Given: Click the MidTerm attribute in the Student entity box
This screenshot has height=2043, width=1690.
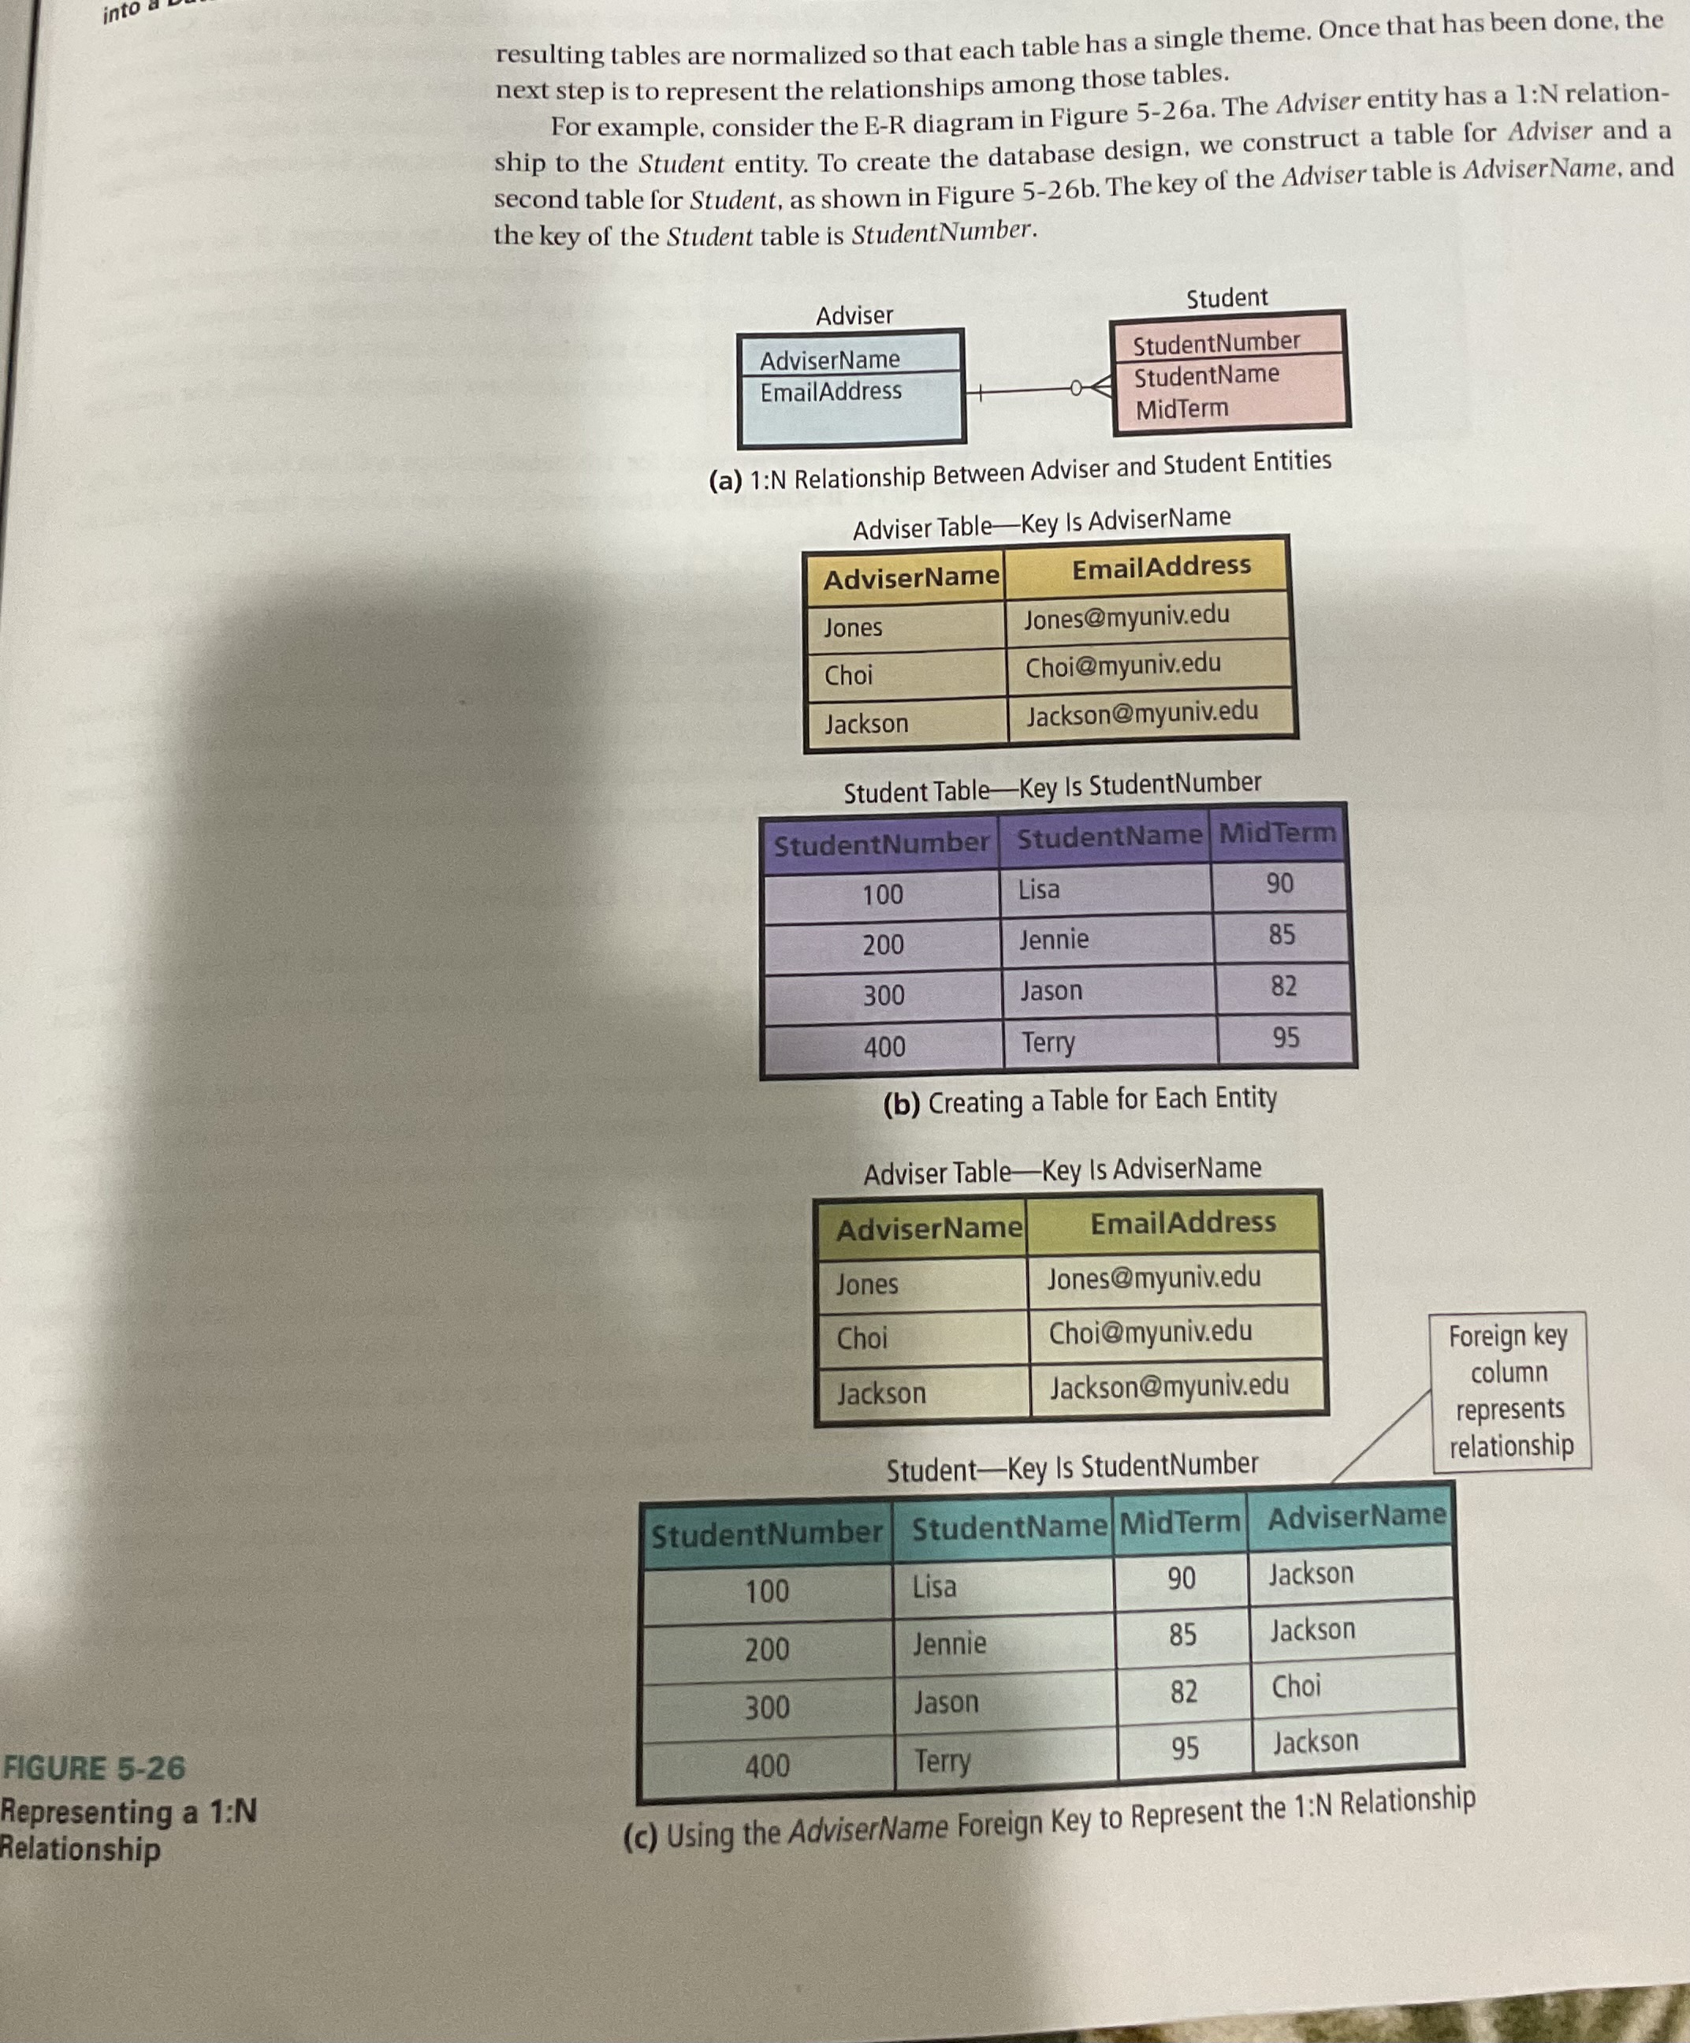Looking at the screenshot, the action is tap(1182, 408).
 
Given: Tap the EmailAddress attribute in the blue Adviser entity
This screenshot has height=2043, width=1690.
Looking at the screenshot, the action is tap(830, 391).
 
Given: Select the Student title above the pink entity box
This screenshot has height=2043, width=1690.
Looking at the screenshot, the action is tap(1227, 298).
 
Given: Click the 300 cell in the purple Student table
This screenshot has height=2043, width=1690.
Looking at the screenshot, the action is tap(883, 995).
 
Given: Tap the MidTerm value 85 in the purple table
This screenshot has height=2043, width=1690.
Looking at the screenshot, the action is tap(1281, 935).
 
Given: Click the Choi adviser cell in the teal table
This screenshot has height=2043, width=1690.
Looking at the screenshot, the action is tap(1296, 1686).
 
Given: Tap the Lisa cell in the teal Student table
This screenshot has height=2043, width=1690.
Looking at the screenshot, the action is tap(933, 1586).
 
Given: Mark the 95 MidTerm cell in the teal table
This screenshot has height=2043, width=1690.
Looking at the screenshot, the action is tap(1183, 1749).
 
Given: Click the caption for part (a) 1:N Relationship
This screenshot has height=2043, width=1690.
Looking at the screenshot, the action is tap(1019, 470).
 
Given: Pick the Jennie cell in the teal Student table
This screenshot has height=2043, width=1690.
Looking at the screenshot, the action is tap(949, 1644).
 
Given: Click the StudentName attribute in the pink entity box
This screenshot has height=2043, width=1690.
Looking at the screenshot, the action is tap(1206, 375).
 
